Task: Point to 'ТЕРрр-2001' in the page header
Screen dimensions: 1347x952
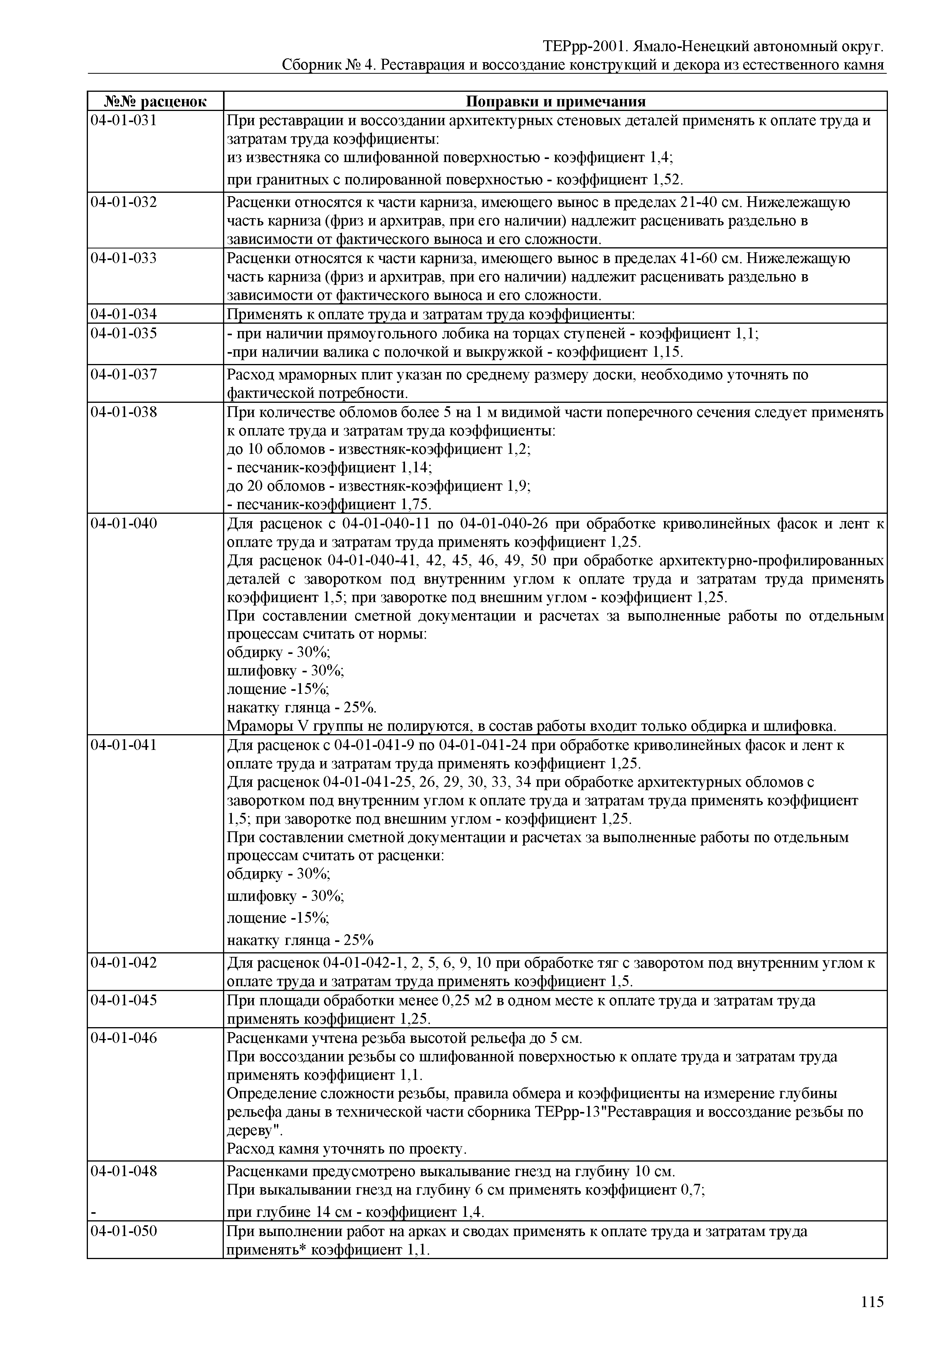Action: (578, 46)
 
